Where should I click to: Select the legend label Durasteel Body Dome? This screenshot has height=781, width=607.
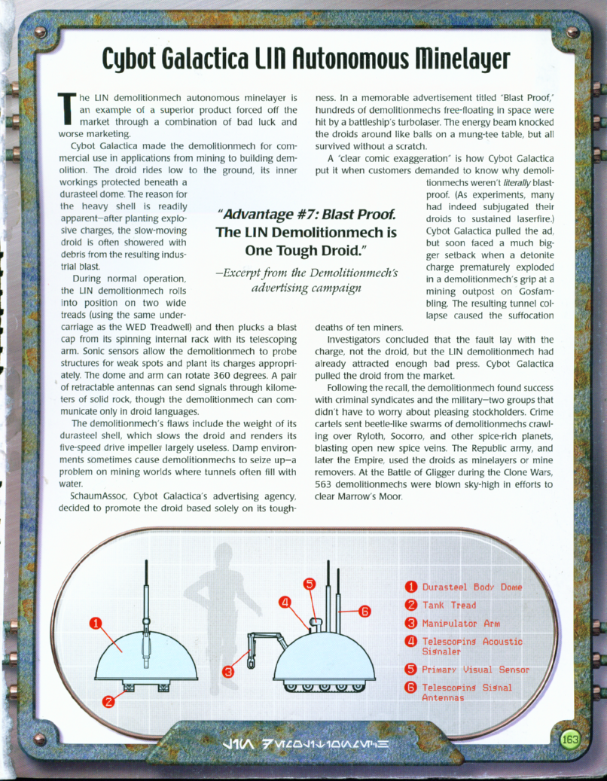click(471, 587)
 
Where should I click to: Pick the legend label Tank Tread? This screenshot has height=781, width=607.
click(449, 605)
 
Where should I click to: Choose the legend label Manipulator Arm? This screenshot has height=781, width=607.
click(461, 623)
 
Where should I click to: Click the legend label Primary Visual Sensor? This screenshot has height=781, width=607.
click(476, 669)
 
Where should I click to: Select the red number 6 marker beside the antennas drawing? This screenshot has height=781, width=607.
click(365, 611)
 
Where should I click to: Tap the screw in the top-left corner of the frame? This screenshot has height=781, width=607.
click(40, 32)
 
